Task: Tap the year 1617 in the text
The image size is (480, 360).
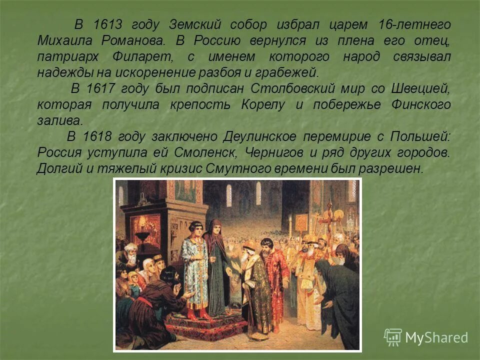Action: click(x=100, y=88)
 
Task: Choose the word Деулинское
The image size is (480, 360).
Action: click(x=259, y=136)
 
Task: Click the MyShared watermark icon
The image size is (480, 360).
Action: click(x=393, y=337)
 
